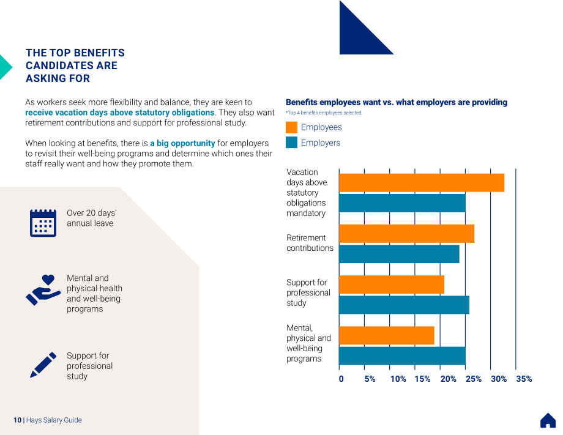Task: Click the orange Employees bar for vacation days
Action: coord(422,183)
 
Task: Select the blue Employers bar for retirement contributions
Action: coord(399,254)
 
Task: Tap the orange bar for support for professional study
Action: coord(392,284)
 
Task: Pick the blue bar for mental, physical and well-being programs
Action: coord(402,355)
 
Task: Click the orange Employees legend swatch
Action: coord(291,127)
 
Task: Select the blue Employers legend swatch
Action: coord(291,143)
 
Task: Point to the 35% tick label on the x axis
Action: coord(524,379)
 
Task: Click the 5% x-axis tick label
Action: coord(370,379)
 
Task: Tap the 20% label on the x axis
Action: coord(448,379)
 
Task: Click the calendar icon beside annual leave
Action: coord(43,223)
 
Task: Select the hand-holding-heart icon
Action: coord(43,290)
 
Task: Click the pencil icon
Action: coord(43,365)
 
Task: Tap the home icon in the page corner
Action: coord(548,420)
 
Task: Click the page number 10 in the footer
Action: coord(17,420)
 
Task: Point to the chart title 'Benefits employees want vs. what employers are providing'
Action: coord(397,102)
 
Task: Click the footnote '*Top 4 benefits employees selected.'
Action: coord(324,113)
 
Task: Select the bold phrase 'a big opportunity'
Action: coord(182,143)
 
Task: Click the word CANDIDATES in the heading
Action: coord(72,65)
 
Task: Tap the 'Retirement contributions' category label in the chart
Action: coord(310,243)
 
